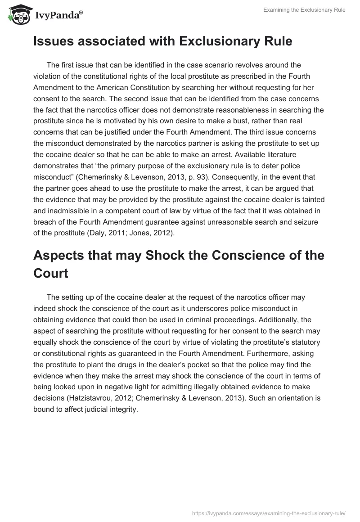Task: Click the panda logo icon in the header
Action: tap(18, 15)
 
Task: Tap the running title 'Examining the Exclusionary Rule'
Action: tap(304, 10)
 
